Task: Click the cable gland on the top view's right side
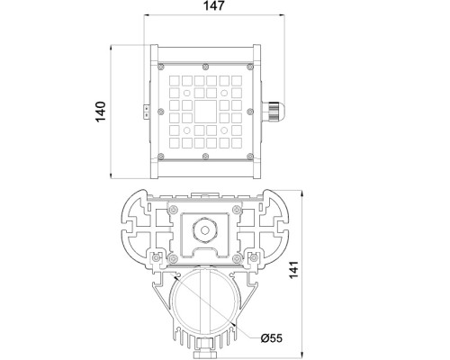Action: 272,112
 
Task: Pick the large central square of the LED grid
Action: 206,112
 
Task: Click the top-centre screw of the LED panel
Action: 206,67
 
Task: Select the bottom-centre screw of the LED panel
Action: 206,157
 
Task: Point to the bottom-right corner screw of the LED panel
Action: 251,157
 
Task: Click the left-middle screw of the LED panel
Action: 162,112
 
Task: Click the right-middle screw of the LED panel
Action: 251,112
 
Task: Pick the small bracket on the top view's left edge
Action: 143,112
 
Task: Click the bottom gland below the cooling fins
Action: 207,345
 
